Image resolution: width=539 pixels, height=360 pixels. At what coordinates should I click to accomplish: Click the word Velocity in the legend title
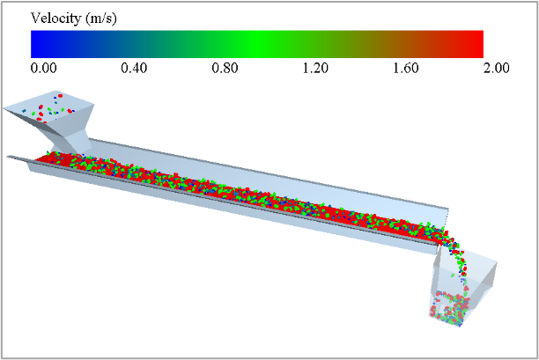coord(55,18)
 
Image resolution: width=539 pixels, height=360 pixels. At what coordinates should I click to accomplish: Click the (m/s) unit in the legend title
coord(101,18)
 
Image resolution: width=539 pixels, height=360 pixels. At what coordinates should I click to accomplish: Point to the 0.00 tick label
coord(44,68)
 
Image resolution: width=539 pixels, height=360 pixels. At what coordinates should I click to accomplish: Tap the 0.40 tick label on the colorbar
coord(134,68)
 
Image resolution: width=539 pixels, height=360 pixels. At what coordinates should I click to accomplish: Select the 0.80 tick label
coord(225,68)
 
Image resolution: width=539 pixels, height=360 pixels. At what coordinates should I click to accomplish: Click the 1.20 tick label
coord(315,68)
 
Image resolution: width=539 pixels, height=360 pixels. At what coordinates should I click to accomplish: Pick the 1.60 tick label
coord(406,68)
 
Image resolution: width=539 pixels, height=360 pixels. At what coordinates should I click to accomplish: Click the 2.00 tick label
coord(497,68)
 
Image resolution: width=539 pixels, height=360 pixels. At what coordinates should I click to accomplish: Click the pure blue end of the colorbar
coord(33,44)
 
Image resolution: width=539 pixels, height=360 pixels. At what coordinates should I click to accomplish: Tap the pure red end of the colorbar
coord(481,44)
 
